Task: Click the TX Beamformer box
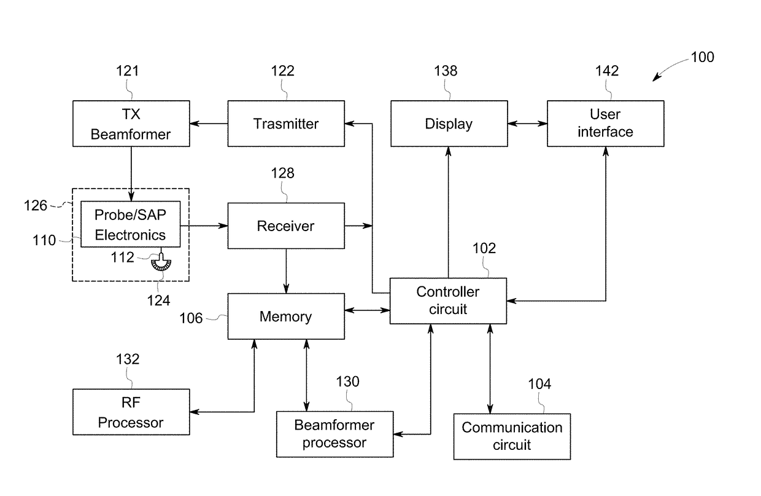click(131, 124)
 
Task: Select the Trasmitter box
click(286, 124)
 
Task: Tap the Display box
click(449, 124)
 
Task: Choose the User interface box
click(605, 124)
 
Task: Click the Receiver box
click(286, 226)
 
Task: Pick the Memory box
click(286, 317)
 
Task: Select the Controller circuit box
click(449, 301)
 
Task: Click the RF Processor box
click(131, 412)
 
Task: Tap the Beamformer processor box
click(334, 434)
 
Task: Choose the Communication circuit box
click(512, 436)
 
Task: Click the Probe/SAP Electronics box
click(131, 224)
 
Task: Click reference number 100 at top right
click(702, 57)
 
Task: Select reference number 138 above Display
click(445, 71)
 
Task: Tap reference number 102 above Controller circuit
click(484, 249)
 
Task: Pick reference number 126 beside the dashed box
click(36, 205)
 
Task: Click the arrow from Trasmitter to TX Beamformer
click(209, 124)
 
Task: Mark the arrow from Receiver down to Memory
click(286, 270)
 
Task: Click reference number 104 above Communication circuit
click(539, 384)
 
